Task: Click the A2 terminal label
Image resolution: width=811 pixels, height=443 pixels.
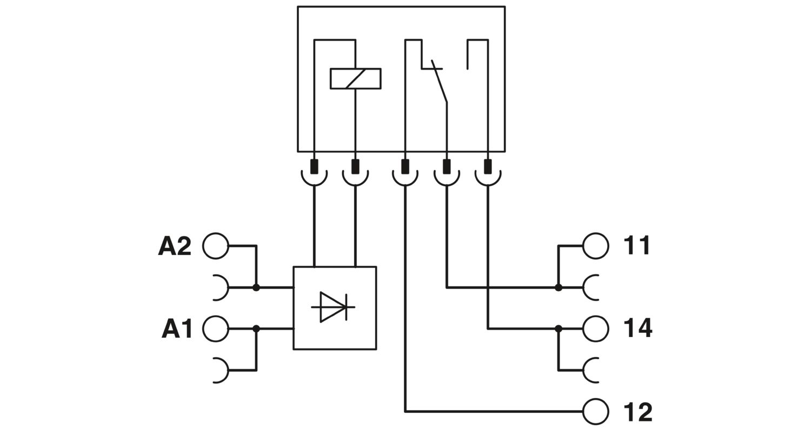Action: click(x=175, y=246)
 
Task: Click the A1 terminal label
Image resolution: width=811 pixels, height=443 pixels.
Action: click(x=177, y=329)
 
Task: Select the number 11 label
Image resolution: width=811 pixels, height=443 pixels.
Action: click(x=637, y=246)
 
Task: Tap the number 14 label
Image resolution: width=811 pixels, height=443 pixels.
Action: click(x=638, y=328)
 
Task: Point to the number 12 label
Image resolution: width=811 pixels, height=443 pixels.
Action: click(x=638, y=412)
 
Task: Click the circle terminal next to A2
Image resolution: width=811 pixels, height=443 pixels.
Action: click(x=216, y=246)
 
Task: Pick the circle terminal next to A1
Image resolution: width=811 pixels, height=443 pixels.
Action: click(x=216, y=329)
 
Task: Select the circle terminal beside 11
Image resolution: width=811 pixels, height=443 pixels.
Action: click(x=596, y=246)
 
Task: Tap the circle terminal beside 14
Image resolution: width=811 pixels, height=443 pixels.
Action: click(x=596, y=328)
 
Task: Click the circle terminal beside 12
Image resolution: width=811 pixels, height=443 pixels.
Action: click(x=596, y=412)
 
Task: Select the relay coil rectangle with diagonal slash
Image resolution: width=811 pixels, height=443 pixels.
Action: click(x=355, y=78)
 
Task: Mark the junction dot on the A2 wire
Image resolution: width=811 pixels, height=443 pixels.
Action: click(x=256, y=287)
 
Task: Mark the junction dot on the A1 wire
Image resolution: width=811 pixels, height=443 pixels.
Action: click(x=256, y=328)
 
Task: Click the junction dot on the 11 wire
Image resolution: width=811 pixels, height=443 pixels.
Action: click(x=559, y=287)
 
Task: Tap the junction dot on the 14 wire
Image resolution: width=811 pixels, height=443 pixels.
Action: click(x=559, y=328)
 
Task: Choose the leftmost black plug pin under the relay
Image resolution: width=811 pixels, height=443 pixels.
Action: click(x=314, y=166)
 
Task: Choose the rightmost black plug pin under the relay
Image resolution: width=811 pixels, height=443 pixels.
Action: click(x=488, y=166)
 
